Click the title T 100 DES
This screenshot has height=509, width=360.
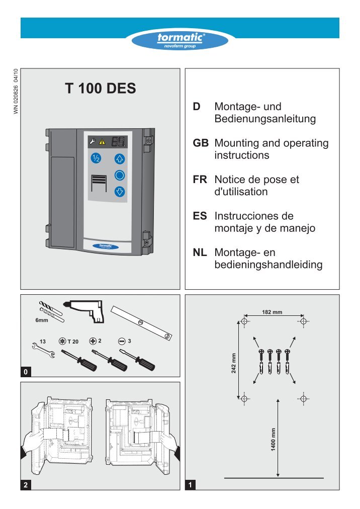[x=100, y=89]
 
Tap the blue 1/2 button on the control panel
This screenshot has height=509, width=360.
[x=96, y=158]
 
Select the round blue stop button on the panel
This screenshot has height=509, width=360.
[x=120, y=175]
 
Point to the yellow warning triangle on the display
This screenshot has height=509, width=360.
[x=102, y=142]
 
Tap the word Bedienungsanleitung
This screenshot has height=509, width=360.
[x=265, y=119]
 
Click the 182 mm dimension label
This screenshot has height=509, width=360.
[x=273, y=312]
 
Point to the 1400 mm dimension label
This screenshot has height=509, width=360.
[x=273, y=439]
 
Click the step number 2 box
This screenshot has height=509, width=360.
[x=27, y=485]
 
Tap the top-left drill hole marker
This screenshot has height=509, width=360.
[x=244, y=321]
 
